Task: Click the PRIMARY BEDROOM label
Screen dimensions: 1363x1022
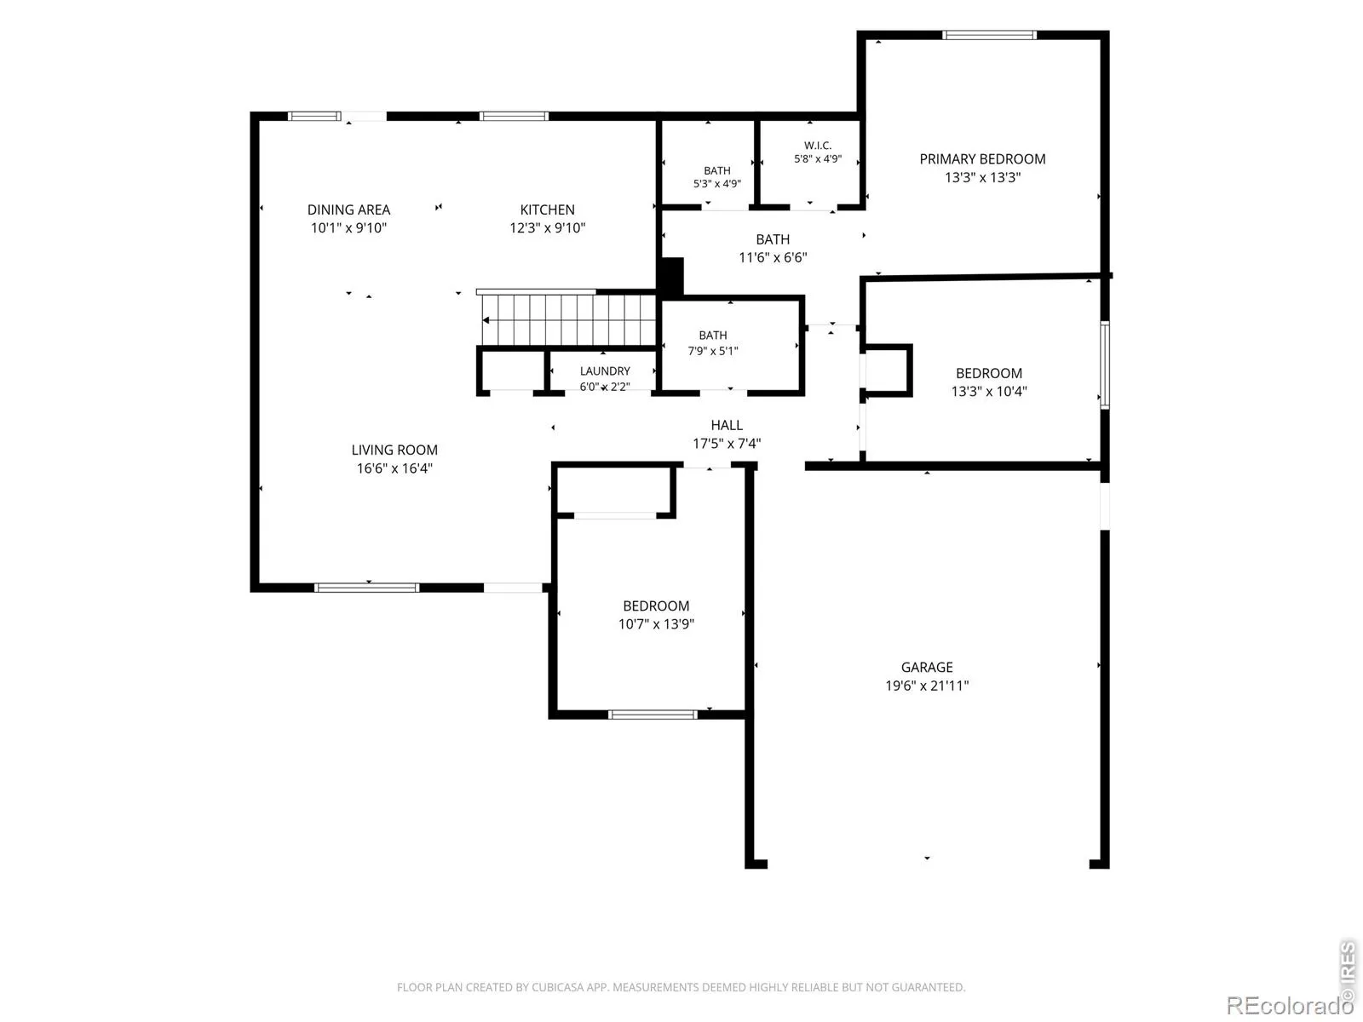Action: click(981, 159)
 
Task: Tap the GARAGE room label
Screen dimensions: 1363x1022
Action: click(927, 667)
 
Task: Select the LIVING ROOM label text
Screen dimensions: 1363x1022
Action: click(394, 450)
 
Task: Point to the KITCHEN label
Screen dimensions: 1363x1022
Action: click(547, 210)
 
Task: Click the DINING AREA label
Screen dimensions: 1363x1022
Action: click(348, 210)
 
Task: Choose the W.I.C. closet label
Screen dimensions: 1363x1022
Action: click(817, 146)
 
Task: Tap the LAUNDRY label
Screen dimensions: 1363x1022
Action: click(605, 371)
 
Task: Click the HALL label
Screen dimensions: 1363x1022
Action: click(727, 425)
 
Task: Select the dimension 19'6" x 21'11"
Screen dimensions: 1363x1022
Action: click(927, 686)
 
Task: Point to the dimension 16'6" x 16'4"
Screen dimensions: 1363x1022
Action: click(394, 468)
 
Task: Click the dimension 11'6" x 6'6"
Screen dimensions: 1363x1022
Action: click(773, 257)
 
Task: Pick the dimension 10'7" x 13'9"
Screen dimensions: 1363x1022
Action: click(656, 623)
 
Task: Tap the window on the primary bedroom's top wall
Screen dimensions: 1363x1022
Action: click(988, 35)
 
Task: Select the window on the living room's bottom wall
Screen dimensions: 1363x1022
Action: click(366, 588)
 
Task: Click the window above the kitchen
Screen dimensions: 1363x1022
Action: click(514, 116)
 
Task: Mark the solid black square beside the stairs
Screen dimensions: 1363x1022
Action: click(672, 277)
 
